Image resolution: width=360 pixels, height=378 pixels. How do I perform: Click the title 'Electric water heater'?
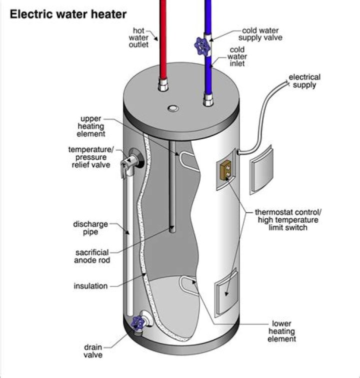coord(68,14)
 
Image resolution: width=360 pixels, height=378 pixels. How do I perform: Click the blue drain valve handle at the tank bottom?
coord(136,323)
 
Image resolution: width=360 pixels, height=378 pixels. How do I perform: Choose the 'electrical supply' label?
coord(304,81)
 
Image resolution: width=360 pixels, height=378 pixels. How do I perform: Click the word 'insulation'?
coord(90,286)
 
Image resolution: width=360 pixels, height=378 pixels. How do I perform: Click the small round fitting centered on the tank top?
coord(172,108)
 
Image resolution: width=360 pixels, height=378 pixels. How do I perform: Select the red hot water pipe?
coord(163,40)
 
